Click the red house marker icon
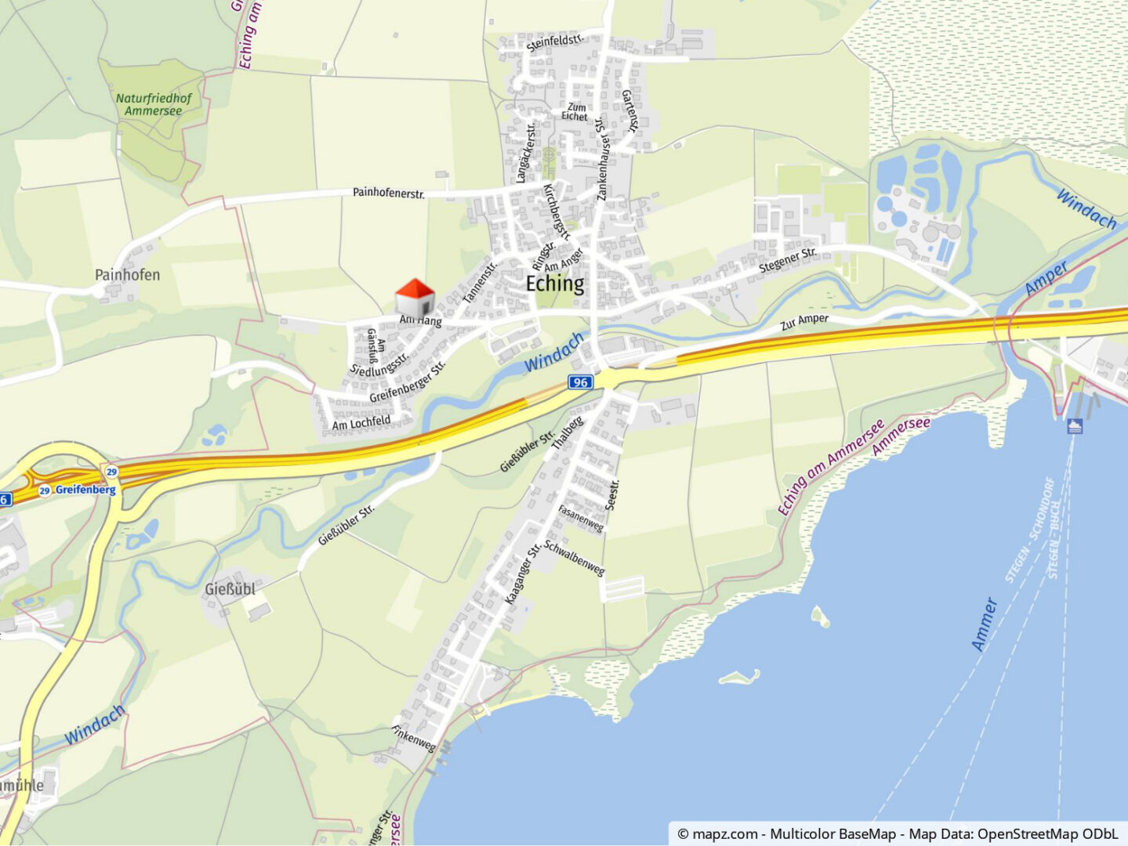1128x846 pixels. click(415, 298)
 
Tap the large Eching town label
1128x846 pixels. click(555, 284)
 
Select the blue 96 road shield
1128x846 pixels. click(579, 382)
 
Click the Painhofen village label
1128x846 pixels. click(127, 275)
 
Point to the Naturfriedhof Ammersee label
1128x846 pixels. click(154, 104)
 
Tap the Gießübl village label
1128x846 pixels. click(230, 589)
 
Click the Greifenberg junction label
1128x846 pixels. click(85, 490)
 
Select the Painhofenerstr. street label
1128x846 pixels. click(389, 192)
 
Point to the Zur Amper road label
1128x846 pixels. click(804, 322)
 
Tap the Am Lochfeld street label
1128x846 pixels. click(361, 423)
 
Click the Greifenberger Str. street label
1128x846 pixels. click(407, 381)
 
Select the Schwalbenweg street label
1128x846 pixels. click(574, 558)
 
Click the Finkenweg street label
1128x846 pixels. click(413, 738)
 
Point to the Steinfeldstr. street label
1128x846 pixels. click(555, 42)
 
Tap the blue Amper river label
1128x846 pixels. click(1046, 278)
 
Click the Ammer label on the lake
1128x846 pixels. click(985, 624)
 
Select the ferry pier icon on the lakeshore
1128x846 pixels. click(1075, 426)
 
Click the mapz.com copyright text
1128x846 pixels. click(898, 834)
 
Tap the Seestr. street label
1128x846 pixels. click(613, 495)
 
